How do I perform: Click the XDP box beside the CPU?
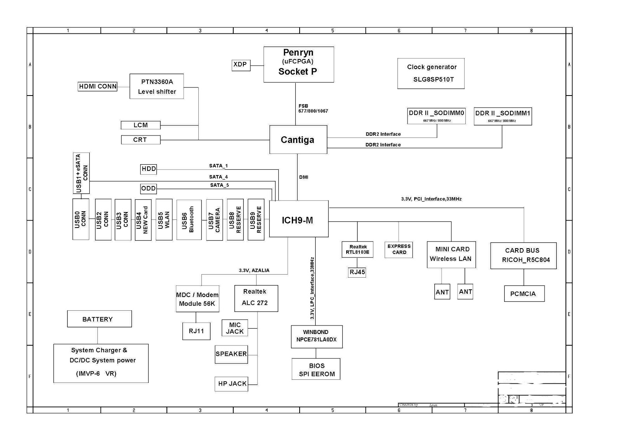240,64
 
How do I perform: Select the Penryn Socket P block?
298,64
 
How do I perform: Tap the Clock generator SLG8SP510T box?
431,73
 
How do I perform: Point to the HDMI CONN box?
97,86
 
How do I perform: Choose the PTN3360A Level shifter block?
156,86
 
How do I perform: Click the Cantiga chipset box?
298,140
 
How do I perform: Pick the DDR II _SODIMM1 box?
503,116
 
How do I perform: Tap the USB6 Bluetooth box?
189,220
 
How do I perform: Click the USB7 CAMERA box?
214,220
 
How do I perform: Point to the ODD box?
148,189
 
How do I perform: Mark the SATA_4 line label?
219,177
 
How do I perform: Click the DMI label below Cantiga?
304,177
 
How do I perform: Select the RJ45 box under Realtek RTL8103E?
357,272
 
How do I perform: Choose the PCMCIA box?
524,294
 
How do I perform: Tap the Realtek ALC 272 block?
256,298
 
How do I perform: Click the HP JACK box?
231,384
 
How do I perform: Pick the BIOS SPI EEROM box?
316,369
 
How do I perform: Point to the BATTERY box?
99,319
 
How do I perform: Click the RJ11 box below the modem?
196,331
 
